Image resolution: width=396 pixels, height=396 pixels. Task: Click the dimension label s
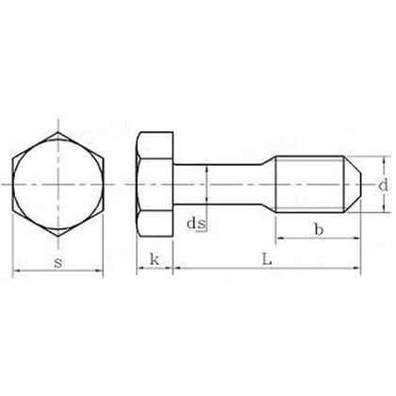pyautogui.click(x=58, y=261)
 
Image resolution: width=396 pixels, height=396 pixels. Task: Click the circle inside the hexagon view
pyautogui.click(x=58, y=183)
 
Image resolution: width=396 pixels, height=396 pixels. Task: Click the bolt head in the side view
pyautogui.click(x=155, y=183)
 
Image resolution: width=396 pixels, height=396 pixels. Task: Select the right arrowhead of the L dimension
pyautogui.click(x=357, y=273)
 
